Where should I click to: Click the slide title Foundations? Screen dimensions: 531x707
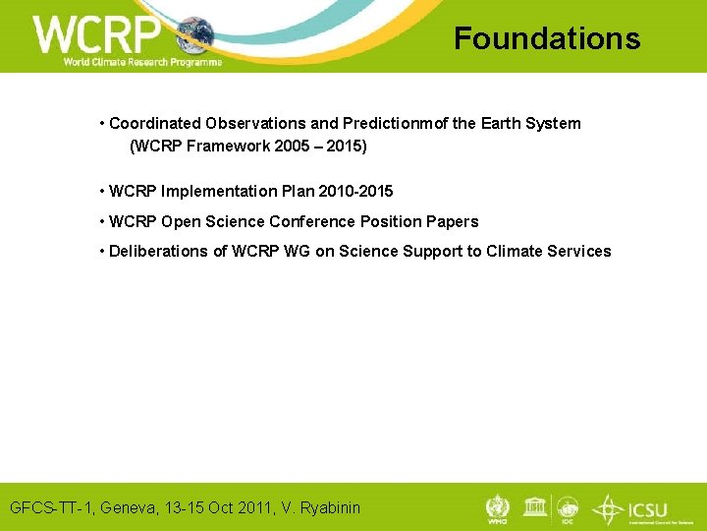click(x=546, y=38)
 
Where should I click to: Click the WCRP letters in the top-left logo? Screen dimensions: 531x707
click(x=96, y=34)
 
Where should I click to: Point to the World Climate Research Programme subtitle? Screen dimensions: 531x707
click(x=142, y=61)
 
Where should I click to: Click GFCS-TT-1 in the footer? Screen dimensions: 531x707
click(x=49, y=507)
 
